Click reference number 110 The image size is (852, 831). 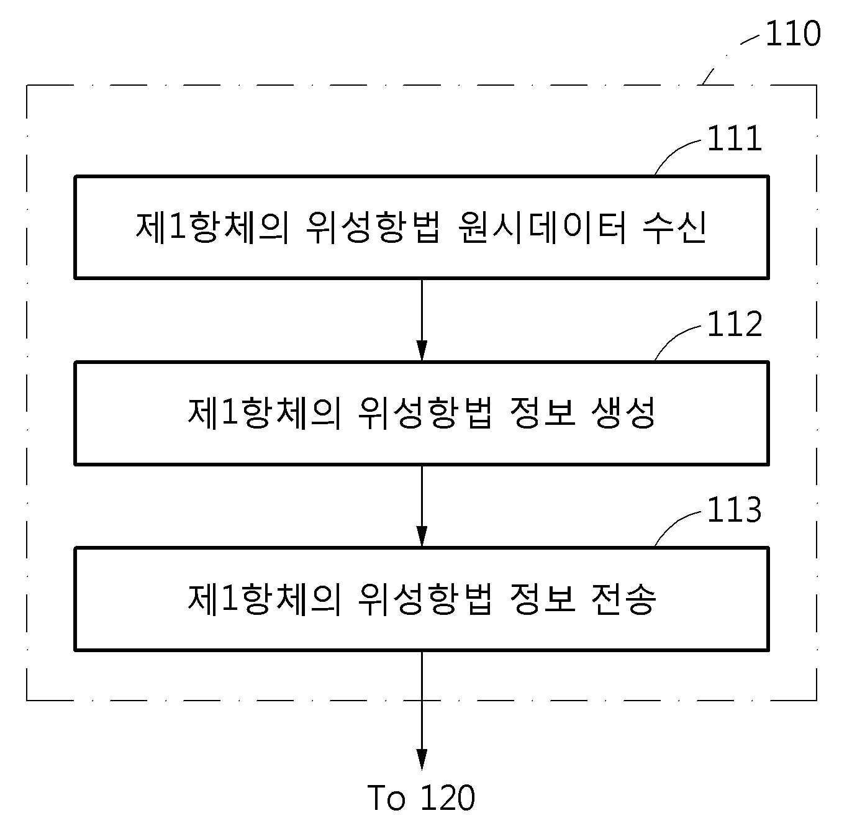tap(793, 34)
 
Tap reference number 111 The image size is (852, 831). tap(734, 138)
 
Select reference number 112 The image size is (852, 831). tap(734, 324)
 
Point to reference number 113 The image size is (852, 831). tap(734, 510)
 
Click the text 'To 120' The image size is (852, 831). tap(421, 797)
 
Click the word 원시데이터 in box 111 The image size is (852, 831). tap(542, 228)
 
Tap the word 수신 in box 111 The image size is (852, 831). tap(674, 228)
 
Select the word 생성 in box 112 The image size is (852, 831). tap(623, 413)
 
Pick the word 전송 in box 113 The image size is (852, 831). tap(623, 599)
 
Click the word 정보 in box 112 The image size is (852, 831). tap(543, 413)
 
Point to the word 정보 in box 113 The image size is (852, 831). tap(543, 599)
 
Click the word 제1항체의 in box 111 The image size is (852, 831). tap(212, 228)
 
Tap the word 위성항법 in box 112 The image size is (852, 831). tap(425, 413)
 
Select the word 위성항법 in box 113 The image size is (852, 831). tap(425, 599)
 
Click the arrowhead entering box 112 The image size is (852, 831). tap(422, 351)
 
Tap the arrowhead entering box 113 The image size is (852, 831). tap(422, 537)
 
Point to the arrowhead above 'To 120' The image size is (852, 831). tap(422, 760)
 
